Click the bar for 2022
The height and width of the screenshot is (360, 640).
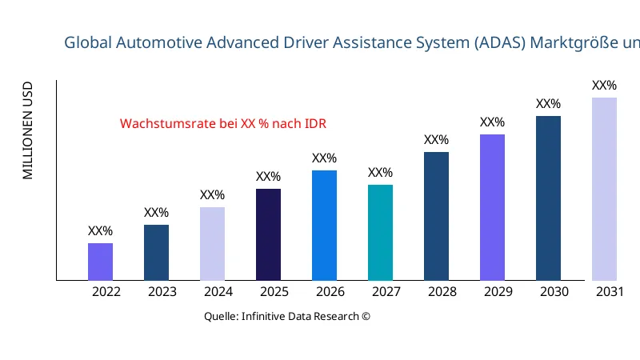tap(100, 262)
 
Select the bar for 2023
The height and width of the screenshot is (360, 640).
tap(156, 253)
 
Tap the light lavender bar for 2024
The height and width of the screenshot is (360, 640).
tap(212, 244)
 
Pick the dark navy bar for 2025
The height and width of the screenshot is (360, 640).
tap(268, 234)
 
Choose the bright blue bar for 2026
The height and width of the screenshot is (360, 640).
tap(324, 226)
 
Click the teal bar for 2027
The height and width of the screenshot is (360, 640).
tap(380, 233)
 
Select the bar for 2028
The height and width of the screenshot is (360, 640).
tap(436, 216)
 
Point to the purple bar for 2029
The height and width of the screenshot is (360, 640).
tap(492, 207)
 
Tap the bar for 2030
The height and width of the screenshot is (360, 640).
tap(548, 198)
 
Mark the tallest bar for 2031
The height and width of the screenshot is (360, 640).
tap(604, 189)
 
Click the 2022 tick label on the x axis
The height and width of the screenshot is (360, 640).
tap(106, 292)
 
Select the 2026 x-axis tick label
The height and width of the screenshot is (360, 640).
tap(330, 292)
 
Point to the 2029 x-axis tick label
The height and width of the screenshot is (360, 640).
tap(498, 292)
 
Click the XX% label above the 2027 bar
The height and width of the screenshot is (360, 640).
tap(380, 173)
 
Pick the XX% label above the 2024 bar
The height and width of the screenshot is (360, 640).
tap(212, 195)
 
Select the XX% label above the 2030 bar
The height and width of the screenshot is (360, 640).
tap(548, 104)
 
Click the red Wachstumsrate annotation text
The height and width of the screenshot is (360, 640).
tap(223, 124)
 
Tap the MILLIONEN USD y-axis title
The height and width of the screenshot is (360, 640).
tap(28, 130)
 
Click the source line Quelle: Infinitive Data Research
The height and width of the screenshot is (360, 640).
tap(287, 316)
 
